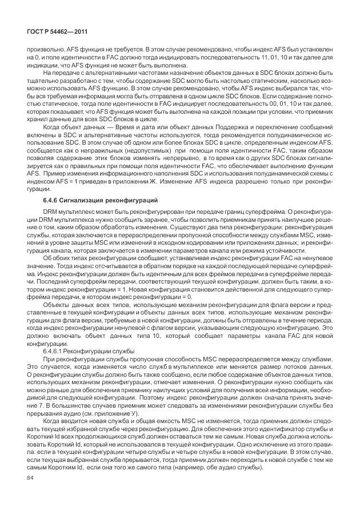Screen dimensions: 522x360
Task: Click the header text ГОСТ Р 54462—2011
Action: (54, 32)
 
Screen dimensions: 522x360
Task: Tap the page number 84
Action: (32, 479)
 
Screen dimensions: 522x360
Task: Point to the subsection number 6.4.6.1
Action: (53, 350)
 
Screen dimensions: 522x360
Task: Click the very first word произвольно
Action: (43, 50)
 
